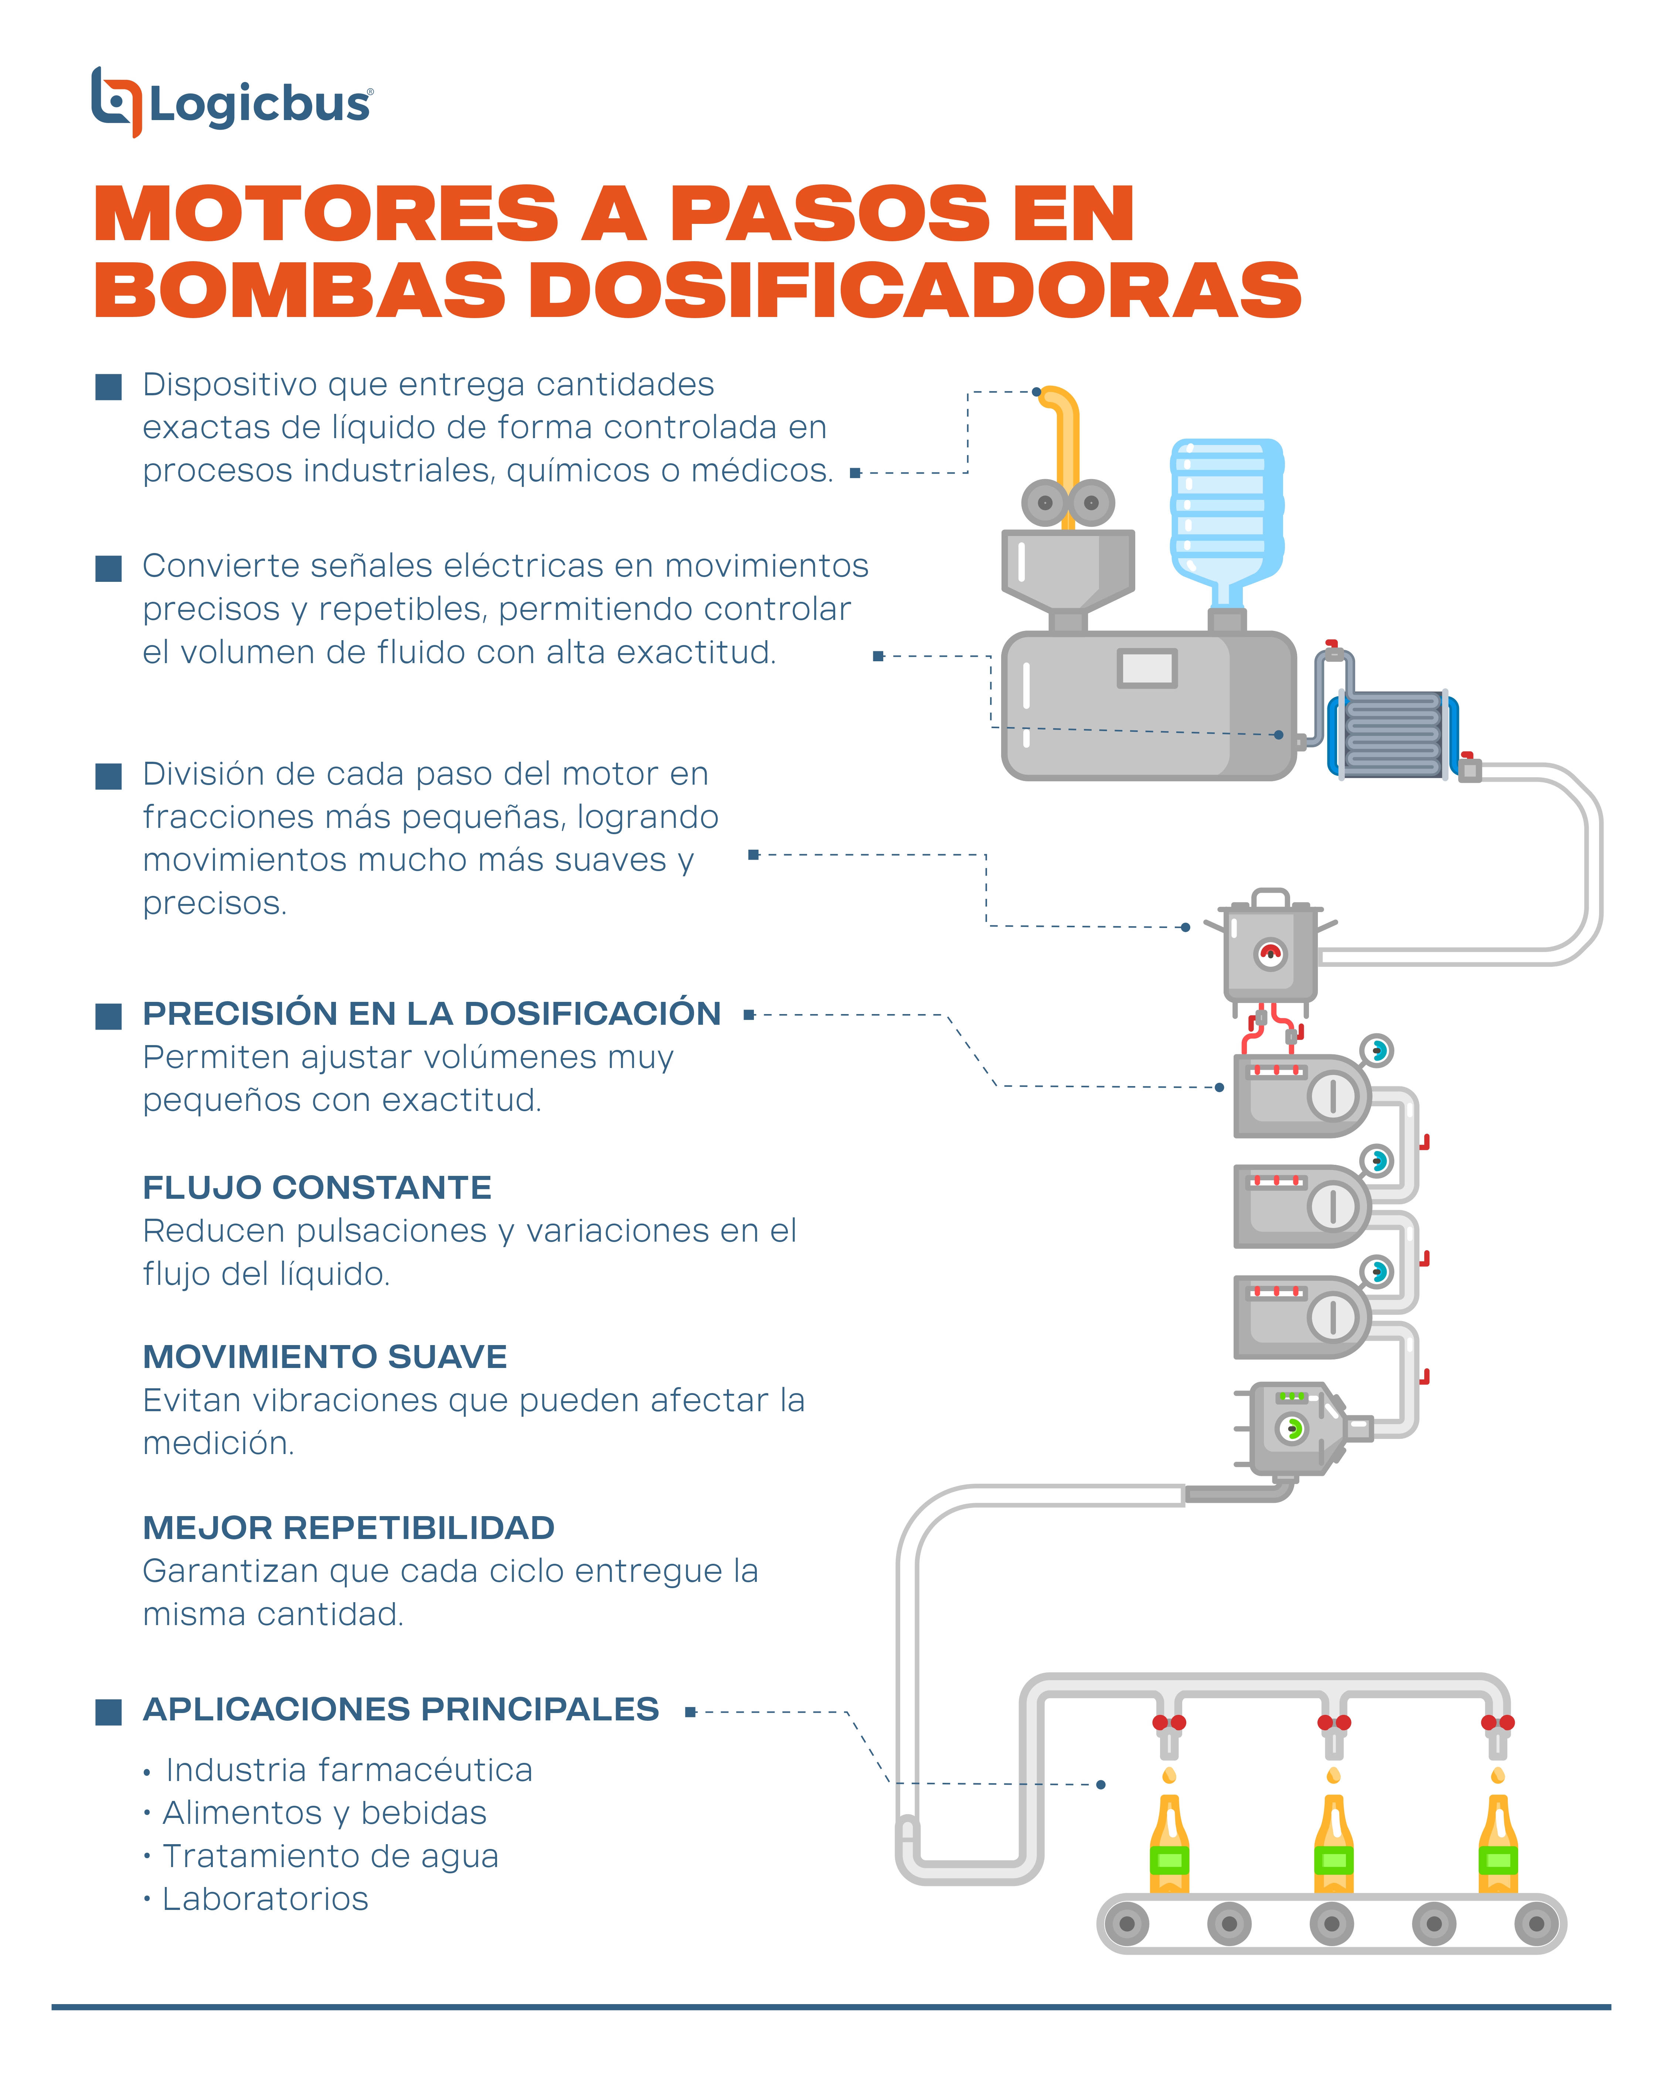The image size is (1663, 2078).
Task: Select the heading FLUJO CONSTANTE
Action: pos(317,1187)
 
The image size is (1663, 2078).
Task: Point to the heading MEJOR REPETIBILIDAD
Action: pos(349,1528)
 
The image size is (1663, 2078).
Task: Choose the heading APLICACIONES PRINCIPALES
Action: pos(401,1709)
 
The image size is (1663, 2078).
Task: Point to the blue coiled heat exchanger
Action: pos(1392,734)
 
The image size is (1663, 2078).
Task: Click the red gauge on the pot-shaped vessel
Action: pos(1271,954)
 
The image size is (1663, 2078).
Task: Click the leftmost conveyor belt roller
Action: pos(1126,1925)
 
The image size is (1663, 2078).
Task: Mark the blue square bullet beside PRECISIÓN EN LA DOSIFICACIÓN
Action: pos(109,1016)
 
